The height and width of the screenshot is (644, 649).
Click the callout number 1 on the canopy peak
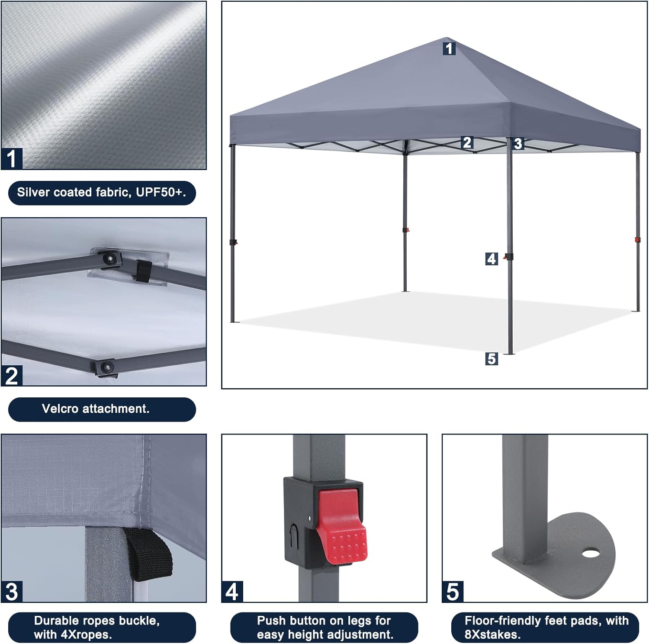coord(449,48)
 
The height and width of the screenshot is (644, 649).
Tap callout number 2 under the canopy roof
coord(467,142)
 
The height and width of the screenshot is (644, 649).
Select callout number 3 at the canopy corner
coord(518,144)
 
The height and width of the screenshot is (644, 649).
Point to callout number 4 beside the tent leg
coord(492,259)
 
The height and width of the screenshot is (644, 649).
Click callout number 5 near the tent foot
coord(492,359)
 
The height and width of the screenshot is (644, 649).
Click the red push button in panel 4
coord(341,525)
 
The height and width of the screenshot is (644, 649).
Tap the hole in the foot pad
coord(589,553)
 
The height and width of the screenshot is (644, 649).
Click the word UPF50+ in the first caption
coord(161,193)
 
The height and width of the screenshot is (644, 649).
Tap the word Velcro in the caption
coord(60,409)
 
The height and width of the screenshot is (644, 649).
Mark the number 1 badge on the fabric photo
coord(12,158)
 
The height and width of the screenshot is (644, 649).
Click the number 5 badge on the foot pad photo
coord(453,592)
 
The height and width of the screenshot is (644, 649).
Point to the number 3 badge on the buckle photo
coord(12,592)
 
